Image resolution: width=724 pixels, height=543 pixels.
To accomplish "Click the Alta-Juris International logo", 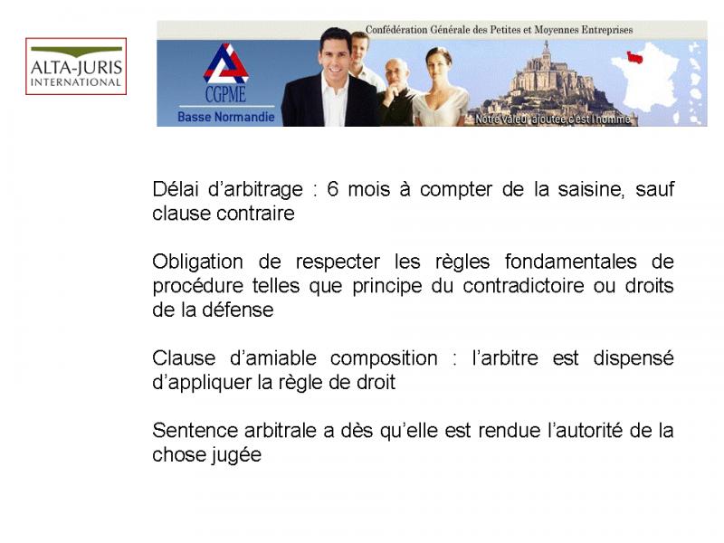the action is coord(76,66).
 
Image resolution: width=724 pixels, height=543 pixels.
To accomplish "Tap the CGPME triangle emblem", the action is coord(225,63).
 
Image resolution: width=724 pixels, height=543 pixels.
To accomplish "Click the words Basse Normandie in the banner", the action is coord(225,117).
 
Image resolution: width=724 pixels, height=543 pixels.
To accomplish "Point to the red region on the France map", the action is coord(634,57).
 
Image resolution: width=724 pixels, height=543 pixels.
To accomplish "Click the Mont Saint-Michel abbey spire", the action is coord(547,48).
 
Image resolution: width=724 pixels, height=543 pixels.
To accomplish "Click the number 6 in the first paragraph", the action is coord(332,189).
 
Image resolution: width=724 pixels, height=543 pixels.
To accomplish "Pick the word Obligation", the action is coord(197,262).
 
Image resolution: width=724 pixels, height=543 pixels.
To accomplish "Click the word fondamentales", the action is coord(570,262).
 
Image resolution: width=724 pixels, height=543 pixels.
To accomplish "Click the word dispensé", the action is coord(633,358).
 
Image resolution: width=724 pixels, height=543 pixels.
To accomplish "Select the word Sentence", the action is coord(194,431).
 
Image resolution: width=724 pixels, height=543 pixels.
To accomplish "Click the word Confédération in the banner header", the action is coord(396,30).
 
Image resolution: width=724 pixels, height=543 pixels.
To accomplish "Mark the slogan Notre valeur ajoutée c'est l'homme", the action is coord(553,119).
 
